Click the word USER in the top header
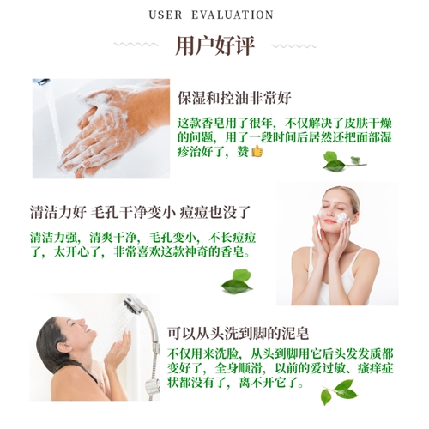(166, 15)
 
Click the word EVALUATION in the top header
(233, 15)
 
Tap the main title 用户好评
(214, 45)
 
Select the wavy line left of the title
(136, 45)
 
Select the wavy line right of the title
(293, 46)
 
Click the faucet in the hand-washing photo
(44, 82)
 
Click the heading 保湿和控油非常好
(234, 98)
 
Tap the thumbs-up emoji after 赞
(257, 151)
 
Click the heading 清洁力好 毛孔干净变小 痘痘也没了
(140, 212)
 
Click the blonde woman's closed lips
(329, 221)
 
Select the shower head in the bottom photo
(134, 305)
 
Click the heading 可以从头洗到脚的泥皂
(238, 333)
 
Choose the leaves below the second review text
(237, 281)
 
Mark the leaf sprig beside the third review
(339, 392)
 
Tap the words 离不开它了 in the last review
(271, 383)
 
